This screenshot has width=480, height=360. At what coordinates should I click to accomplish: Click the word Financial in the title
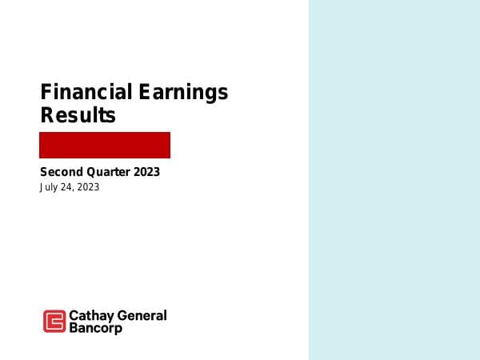pyautogui.click(x=86, y=92)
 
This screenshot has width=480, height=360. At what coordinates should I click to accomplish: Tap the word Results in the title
pyautogui.click(x=78, y=115)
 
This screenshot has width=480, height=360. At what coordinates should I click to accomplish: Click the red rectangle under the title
pyautogui.click(x=105, y=145)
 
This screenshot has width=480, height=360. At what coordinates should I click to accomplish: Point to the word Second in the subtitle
pyautogui.click(x=60, y=172)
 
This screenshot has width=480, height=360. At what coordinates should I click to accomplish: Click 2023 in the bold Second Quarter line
pyautogui.click(x=146, y=172)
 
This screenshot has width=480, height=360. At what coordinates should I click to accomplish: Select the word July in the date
pyautogui.click(x=49, y=187)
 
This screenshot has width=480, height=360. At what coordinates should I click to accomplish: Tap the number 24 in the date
pyautogui.click(x=66, y=187)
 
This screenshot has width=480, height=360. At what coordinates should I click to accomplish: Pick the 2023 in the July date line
pyautogui.click(x=88, y=187)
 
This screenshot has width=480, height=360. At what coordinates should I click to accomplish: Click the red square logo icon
pyautogui.click(x=54, y=321)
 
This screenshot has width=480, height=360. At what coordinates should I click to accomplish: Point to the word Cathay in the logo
pyautogui.click(x=90, y=315)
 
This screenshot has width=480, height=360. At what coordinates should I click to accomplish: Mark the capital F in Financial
pyautogui.click(x=46, y=92)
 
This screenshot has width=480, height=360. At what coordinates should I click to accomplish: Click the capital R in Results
pyautogui.click(x=46, y=115)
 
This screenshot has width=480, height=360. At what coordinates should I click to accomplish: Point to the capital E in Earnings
pyautogui.click(x=145, y=92)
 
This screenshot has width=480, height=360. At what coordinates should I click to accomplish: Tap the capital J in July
pyautogui.click(x=42, y=187)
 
